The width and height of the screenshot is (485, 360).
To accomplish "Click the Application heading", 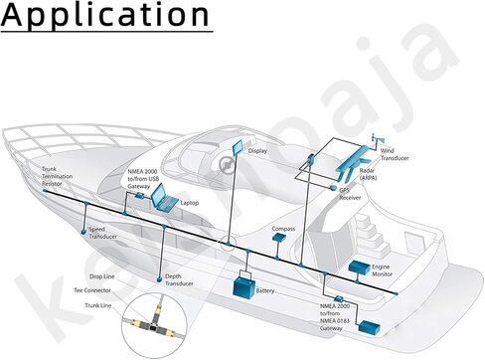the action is pyautogui.click(x=105, y=15).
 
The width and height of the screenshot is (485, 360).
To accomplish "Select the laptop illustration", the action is pyautogui.click(x=165, y=198).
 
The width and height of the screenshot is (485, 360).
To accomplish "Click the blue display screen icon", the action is pyautogui.click(x=238, y=148).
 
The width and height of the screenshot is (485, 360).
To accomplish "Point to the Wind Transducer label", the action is pyautogui.click(x=395, y=154).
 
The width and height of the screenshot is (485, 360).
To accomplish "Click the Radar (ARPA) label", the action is pyautogui.click(x=368, y=174).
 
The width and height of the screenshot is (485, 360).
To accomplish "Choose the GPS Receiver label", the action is pyautogui.click(x=350, y=194).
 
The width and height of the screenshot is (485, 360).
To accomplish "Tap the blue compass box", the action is pyautogui.click(x=279, y=237).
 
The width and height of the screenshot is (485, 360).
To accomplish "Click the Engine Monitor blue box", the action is pyautogui.click(x=360, y=268).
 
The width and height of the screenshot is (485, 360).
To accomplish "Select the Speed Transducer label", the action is pyautogui.click(x=102, y=233).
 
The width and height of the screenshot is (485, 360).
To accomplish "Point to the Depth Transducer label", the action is pyautogui.click(x=179, y=279).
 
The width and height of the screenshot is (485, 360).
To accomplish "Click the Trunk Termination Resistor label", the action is pyautogui.click(x=57, y=176).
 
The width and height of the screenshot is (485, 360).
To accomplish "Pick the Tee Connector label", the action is pyautogui.click(x=92, y=290).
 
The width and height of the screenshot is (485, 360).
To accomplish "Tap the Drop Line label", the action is pyautogui.click(x=102, y=276).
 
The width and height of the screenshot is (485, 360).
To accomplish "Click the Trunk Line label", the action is pyautogui.click(x=98, y=305).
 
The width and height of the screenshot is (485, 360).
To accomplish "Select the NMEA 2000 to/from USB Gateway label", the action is pyautogui.click(x=143, y=179).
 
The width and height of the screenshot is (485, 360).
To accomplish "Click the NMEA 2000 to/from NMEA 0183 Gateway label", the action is pyautogui.click(x=335, y=317).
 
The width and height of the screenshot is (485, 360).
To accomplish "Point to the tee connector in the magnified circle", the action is pyautogui.click(x=153, y=324).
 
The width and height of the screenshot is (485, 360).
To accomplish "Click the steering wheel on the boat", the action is pyautogui.click(x=226, y=164).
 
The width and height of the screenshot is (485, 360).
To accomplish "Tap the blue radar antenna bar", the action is pyautogui.click(x=352, y=158).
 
